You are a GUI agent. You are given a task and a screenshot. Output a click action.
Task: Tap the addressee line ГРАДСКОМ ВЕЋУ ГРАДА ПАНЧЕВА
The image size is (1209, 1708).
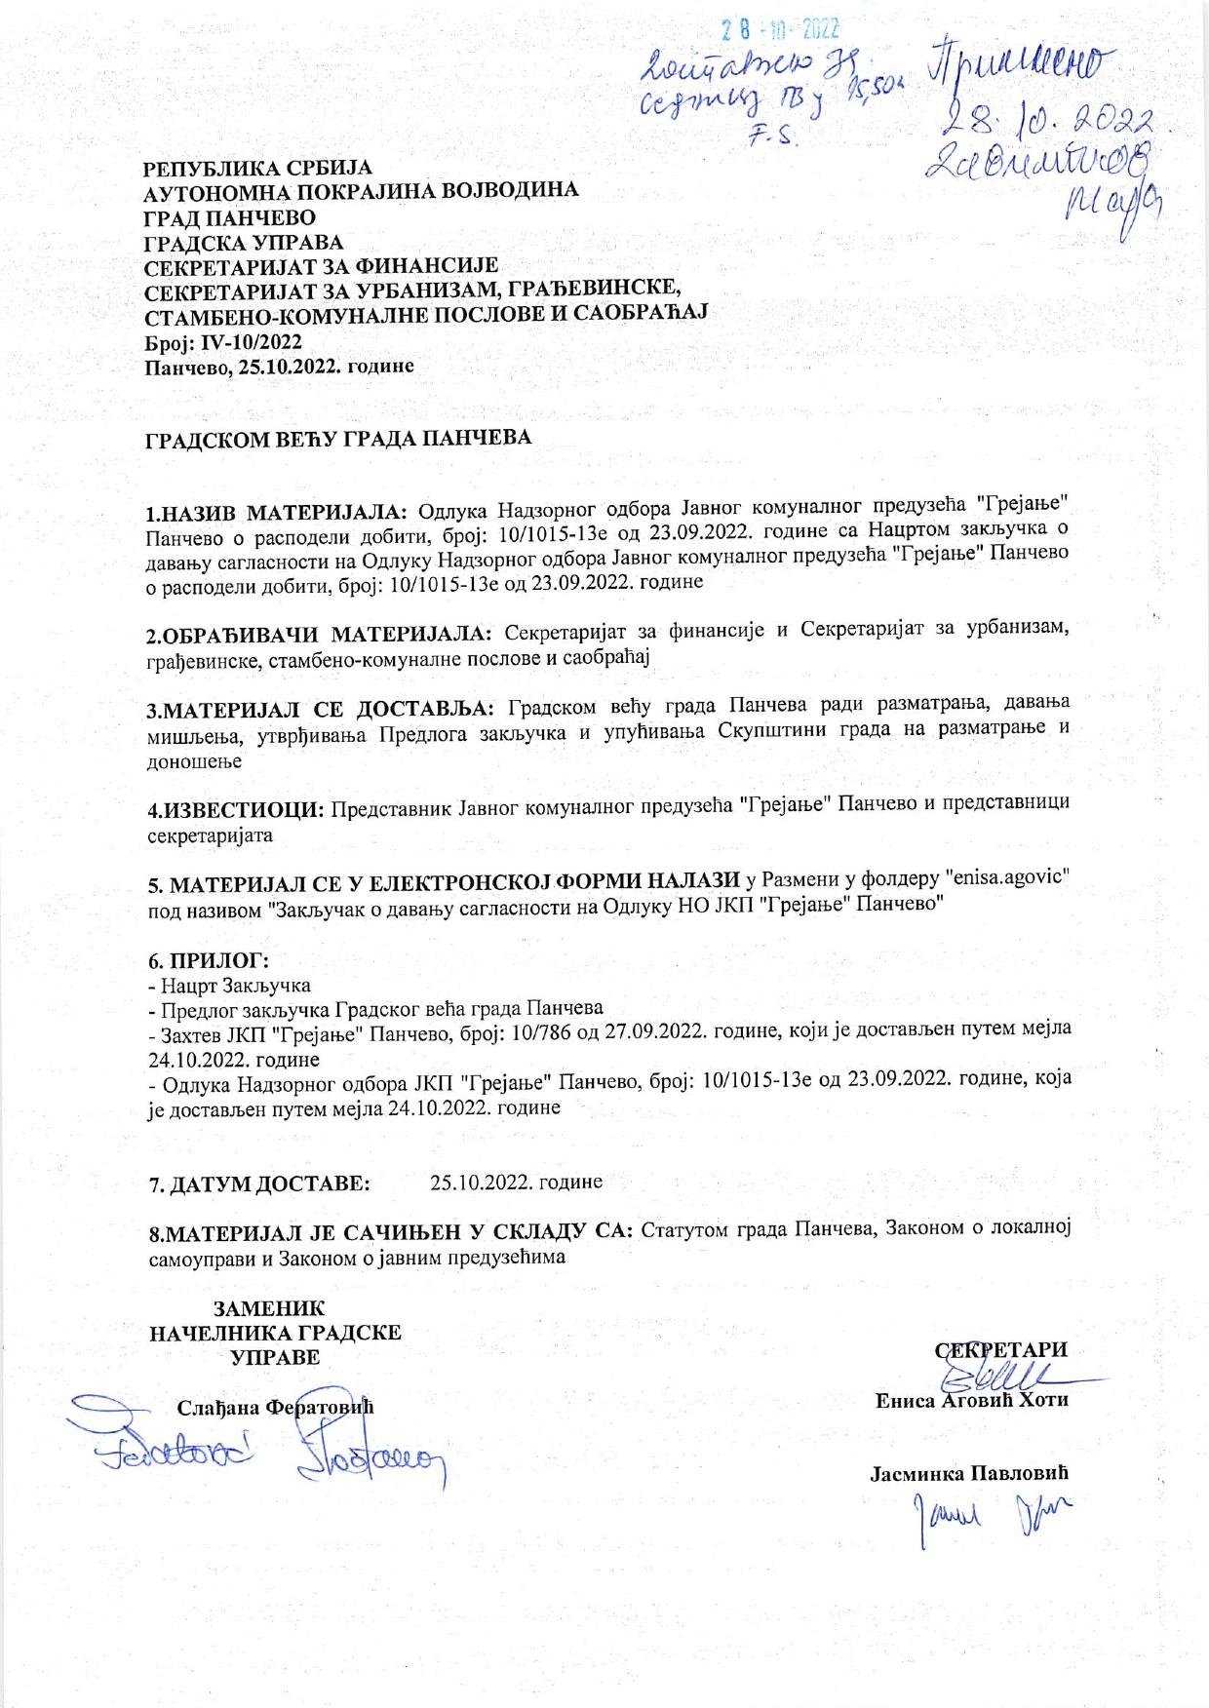(338, 438)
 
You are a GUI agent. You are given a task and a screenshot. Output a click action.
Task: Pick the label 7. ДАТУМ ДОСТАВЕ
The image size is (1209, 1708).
(258, 1184)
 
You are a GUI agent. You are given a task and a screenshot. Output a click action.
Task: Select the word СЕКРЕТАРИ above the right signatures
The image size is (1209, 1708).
(1001, 1350)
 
